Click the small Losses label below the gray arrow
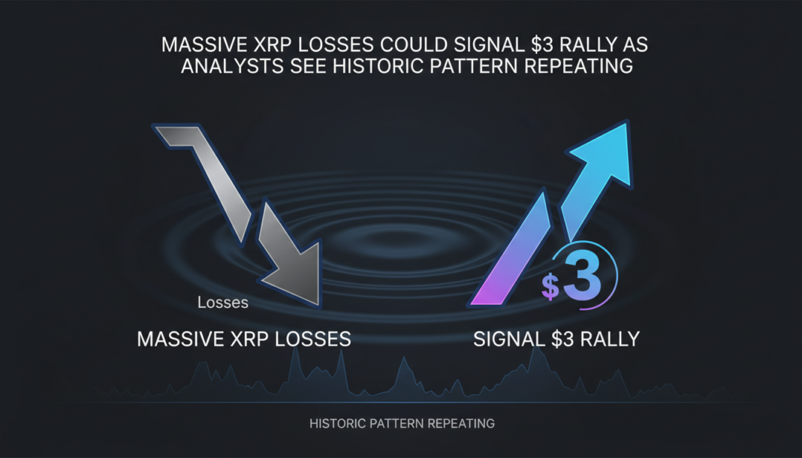tap(223, 303)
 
